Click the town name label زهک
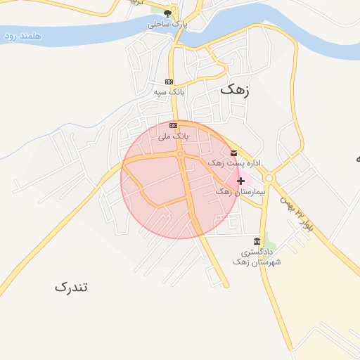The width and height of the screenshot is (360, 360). pyautogui.click(x=235, y=89)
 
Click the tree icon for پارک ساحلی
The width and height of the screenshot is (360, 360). pyautogui.click(x=167, y=13)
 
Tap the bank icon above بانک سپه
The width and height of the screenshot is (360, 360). pyautogui.click(x=169, y=82)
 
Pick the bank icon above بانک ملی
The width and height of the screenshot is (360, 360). pyautogui.click(x=173, y=124)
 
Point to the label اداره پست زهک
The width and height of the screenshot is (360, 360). pyautogui.click(x=234, y=163)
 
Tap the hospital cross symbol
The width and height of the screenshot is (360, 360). pyautogui.click(x=240, y=181)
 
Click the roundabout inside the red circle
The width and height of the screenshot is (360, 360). pyautogui.click(x=181, y=154)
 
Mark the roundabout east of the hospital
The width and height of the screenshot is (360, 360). pyautogui.click(x=269, y=177)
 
